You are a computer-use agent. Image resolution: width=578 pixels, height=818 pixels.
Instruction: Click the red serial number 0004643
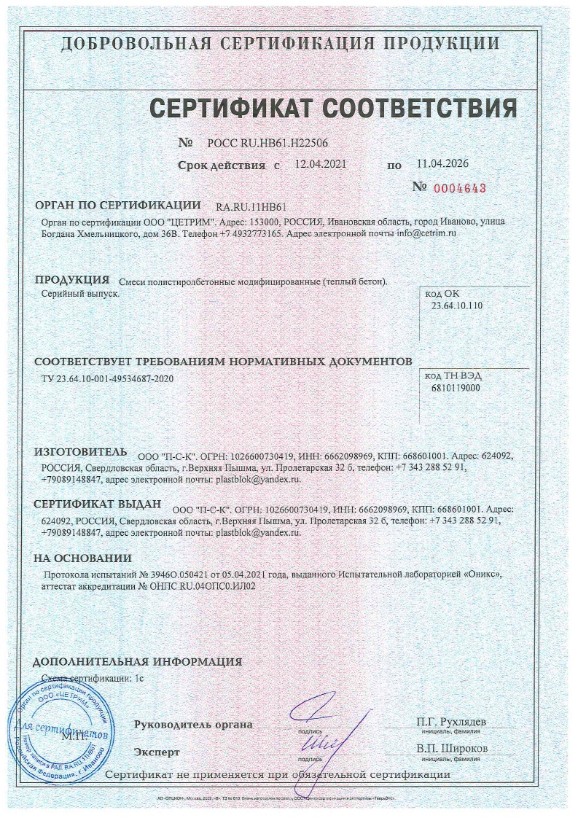460,188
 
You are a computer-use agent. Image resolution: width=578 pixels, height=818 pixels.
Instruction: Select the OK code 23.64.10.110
457,305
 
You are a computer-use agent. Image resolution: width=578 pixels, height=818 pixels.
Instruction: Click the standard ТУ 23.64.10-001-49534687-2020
109,378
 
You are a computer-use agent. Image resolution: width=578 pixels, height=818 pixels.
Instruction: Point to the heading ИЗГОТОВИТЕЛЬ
80,453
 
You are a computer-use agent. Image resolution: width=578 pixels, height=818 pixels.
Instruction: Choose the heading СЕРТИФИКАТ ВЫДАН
96,505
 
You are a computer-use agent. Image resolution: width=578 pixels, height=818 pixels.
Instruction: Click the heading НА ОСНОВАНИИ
83,558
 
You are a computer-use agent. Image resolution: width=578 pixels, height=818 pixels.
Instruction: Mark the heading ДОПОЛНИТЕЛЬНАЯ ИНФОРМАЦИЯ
138,662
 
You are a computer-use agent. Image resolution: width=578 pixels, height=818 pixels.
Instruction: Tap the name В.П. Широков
452,749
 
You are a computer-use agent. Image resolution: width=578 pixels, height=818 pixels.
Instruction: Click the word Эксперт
157,751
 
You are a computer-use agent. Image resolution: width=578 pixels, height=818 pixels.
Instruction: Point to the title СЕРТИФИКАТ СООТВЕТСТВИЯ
333,108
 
